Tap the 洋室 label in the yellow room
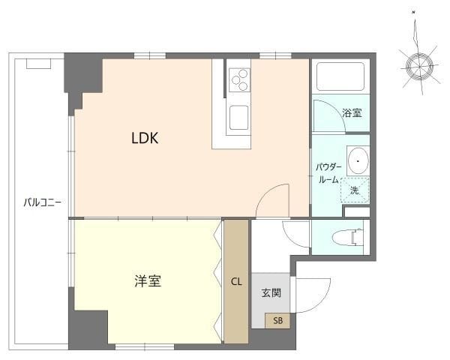coord(148,282)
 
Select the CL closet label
coord(236,282)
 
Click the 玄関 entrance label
coord(271,292)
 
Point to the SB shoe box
coord(277,321)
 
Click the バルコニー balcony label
coord(37,202)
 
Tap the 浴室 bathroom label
coord(352,113)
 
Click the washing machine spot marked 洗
coord(355,190)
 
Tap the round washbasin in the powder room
coord(358,160)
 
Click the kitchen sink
coord(239,117)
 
